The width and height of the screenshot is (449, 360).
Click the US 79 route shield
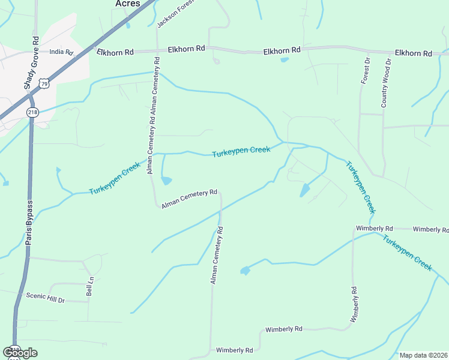tap(44, 84)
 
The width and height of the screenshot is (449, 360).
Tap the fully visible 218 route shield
tap(32, 112)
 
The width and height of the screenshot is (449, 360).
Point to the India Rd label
tap(61, 52)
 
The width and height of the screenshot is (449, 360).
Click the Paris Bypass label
tap(29, 222)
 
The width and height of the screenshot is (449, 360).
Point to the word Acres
tap(127, 4)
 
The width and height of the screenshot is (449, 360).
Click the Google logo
tap(20, 352)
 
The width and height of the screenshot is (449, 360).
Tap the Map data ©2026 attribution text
tap(424, 355)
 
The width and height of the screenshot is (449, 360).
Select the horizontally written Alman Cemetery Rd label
tap(189, 199)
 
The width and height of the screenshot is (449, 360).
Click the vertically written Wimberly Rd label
tap(354, 304)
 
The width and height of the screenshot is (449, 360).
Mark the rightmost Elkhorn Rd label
tap(413, 53)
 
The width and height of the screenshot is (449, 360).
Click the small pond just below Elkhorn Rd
tap(284, 59)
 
